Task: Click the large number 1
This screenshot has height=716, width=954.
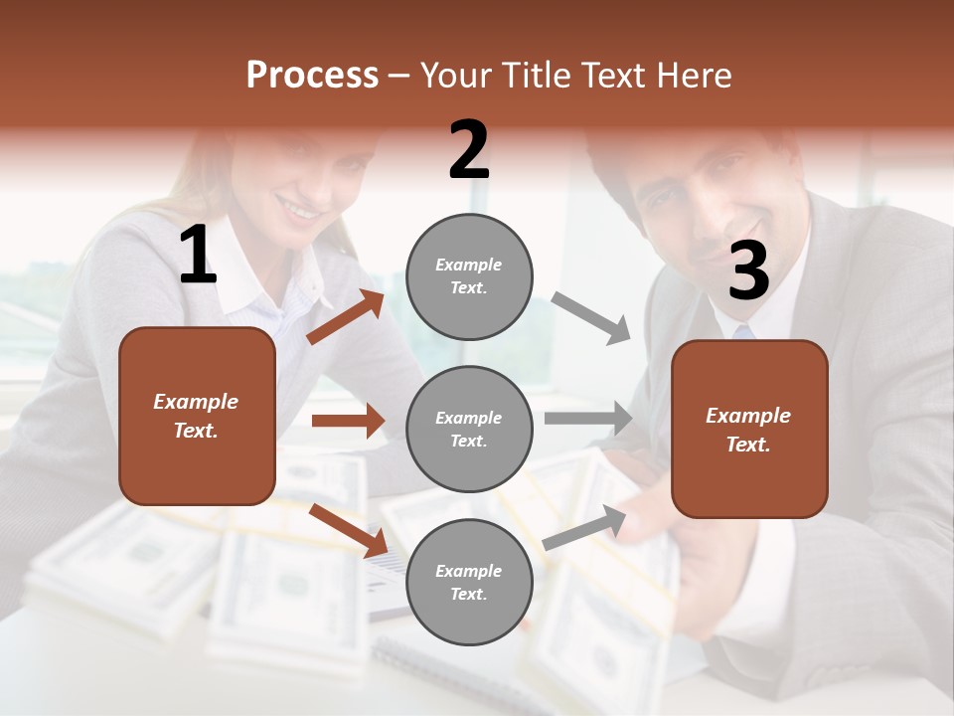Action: [x=198, y=256]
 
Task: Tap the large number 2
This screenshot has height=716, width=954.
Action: [x=469, y=150]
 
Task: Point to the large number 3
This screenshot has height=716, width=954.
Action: [x=748, y=271]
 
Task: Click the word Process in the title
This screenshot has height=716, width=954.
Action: [x=312, y=75]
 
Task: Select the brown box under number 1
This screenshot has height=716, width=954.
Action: [x=197, y=416]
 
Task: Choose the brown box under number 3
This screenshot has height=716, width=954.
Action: [x=749, y=429]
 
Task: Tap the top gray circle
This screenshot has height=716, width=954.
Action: [x=469, y=275]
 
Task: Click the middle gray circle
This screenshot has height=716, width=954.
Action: [x=469, y=429]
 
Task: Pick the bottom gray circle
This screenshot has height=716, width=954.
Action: [x=469, y=582]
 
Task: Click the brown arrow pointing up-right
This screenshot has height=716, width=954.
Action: [x=346, y=317]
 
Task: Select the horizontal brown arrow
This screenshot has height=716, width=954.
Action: [x=348, y=421]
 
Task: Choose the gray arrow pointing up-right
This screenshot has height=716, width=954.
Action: [x=585, y=527]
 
